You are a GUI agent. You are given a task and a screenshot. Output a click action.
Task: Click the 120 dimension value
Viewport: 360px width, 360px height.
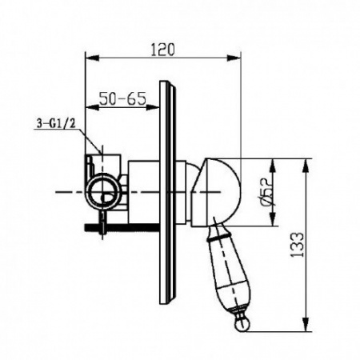[162, 50]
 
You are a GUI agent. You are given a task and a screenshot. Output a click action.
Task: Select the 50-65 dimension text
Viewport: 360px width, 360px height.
[122, 98]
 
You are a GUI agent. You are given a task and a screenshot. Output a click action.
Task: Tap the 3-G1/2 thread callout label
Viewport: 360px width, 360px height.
[56, 123]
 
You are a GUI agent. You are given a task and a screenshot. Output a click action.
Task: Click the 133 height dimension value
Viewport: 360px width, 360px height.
[297, 245]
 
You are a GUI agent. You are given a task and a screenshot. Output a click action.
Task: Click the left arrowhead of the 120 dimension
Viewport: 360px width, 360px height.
[92, 58]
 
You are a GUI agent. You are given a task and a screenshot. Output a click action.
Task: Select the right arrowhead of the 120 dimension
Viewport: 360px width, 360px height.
[234, 58]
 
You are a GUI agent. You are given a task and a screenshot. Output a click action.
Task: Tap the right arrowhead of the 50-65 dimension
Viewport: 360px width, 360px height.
[153, 107]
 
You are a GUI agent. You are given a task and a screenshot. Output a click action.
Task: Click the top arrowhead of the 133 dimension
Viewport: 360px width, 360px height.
[306, 166]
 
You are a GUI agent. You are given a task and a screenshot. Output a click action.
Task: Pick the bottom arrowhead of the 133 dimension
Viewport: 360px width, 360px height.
[306, 325]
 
